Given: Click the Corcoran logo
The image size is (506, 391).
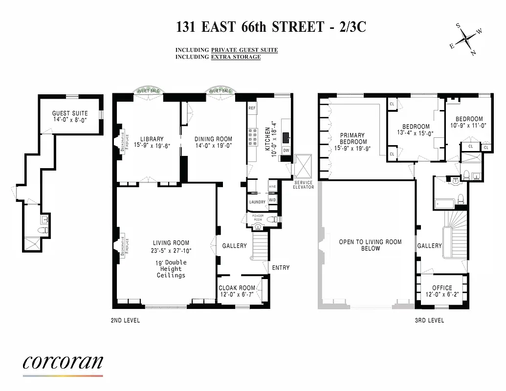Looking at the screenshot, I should (63, 363).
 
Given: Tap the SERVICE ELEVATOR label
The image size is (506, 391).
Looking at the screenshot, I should (303, 185).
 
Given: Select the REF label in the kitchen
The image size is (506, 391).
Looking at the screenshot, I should (252, 108).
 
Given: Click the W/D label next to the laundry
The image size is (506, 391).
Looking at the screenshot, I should (272, 200).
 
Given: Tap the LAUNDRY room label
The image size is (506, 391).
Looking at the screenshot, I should (257, 202).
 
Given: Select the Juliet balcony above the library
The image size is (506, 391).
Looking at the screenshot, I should (149, 91).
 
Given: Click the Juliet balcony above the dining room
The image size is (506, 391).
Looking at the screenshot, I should (220, 91).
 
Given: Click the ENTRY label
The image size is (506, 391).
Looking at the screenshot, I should (281, 267).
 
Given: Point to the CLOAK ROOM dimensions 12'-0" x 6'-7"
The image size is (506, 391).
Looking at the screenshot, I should (237, 295).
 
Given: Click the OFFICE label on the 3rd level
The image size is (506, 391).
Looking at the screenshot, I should (442, 288).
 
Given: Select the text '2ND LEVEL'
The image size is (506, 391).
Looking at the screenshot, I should (126, 321).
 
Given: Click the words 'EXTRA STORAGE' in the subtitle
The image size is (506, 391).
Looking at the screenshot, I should (236, 57).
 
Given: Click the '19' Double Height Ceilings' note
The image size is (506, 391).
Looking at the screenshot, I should (171, 269).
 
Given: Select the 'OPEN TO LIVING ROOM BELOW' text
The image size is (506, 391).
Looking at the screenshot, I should (370, 245).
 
